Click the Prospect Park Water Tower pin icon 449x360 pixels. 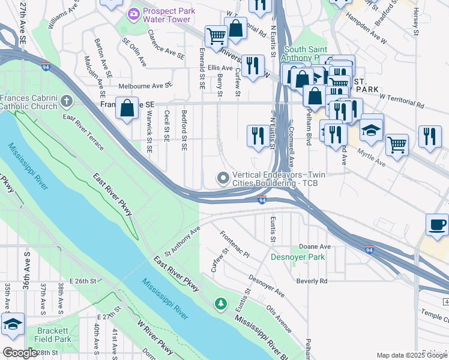[133, 13]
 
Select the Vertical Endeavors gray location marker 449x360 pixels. [223, 177]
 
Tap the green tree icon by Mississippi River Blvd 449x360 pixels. [221, 304]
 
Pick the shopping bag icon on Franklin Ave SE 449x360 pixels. [127, 109]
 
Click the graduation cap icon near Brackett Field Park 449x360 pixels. [13, 323]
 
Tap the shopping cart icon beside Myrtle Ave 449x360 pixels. [397, 144]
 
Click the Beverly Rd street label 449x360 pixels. [312, 281]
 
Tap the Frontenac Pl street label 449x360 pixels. [234, 245]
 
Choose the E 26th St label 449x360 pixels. [83, 281]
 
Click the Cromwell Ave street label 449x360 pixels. [291, 146]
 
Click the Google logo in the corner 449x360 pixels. [20, 353]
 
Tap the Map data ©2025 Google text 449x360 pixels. [411, 355]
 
